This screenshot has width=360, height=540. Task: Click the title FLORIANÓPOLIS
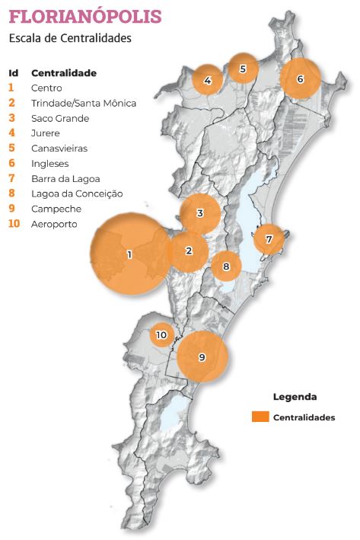[85, 17]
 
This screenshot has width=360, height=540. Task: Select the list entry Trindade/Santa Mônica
[84, 103]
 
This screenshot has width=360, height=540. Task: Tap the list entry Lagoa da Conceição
[77, 193]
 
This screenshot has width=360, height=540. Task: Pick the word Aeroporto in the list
[54, 224]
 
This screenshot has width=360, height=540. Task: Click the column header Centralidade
[64, 72]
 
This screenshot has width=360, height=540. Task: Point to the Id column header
[13, 72]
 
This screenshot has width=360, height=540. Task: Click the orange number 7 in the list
[11, 178]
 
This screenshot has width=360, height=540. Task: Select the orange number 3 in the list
[11, 118]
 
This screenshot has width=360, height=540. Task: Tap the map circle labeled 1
[129, 254]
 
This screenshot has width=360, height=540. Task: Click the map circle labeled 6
[300, 78]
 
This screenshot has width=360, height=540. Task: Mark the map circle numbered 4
[208, 80]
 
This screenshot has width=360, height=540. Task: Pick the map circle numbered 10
[161, 334]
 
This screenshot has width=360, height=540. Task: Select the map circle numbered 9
[202, 356]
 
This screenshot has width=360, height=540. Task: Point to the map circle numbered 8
[225, 266]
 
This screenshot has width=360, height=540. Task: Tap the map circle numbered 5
[243, 69]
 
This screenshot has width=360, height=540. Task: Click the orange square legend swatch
[260, 417]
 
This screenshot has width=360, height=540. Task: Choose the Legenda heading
[295, 397]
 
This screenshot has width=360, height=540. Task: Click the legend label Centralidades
[304, 417]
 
